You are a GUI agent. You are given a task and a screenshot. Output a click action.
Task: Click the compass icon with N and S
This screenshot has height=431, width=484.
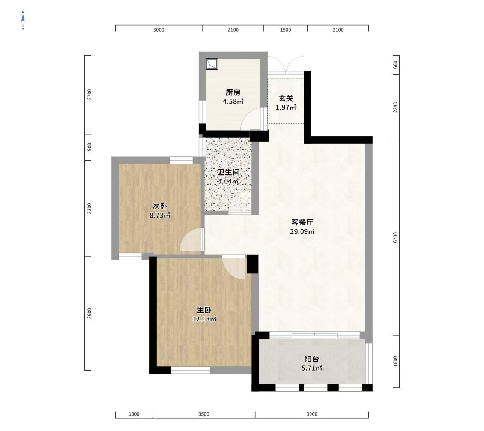[x=23, y=21]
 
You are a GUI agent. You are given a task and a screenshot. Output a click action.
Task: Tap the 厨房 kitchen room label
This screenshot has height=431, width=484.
[x=233, y=92]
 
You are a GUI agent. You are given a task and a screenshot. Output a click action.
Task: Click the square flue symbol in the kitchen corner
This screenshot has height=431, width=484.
[x=212, y=64]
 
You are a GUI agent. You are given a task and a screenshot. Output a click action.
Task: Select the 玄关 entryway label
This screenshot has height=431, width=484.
[x=286, y=98]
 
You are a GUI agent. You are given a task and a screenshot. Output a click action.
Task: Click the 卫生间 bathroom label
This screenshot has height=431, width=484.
[x=228, y=173]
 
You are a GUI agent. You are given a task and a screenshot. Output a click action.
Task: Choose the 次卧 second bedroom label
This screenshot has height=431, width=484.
[x=160, y=206]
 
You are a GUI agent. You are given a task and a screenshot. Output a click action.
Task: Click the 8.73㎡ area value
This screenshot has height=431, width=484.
[x=160, y=216]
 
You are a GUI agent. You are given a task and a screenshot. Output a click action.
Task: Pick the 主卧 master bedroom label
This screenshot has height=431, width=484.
[x=204, y=310]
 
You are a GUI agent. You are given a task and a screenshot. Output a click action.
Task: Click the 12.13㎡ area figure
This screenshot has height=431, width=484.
[x=204, y=320]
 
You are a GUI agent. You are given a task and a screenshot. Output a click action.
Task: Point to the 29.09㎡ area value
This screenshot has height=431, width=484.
[x=302, y=231]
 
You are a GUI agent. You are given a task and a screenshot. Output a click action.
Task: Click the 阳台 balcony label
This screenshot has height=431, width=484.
[x=312, y=359]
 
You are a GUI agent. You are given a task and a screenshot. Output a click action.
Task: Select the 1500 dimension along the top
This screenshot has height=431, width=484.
[x=286, y=30]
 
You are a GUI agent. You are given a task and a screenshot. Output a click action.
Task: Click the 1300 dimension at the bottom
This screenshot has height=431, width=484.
[x=134, y=414]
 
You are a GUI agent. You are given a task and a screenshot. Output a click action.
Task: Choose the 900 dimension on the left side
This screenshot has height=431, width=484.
[x=89, y=147]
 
